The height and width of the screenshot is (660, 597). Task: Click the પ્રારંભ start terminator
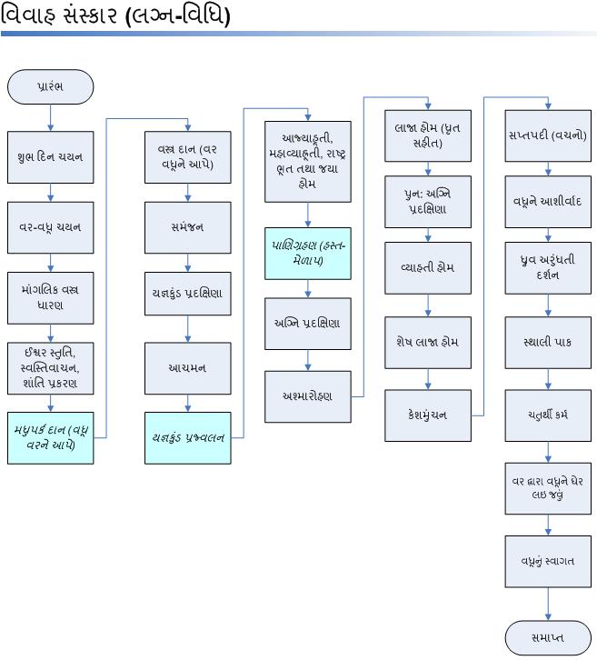pyautogui.click(x=51, y=86)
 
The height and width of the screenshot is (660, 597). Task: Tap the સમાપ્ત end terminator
pyautogui.click(x=547, y=637)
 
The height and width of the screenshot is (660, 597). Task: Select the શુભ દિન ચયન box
pyautogui.click(x=51, y=156)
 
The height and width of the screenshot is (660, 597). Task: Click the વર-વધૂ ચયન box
pyautogui.click(x=51, y=226)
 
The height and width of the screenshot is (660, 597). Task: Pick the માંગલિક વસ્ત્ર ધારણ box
pyautogui.click(x=51, y=296)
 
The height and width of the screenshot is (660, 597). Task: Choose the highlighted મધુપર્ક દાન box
pyautogui.click(x=51, y=437)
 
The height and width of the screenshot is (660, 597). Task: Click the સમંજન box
pyautogui.click(x=188, y=226)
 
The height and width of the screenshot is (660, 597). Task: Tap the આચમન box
pyautogui.click(x=188, y=367)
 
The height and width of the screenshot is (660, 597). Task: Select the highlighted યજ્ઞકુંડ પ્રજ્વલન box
pyautogui.click(x=188, y=437)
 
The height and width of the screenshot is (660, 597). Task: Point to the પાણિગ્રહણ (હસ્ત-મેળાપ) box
pyautogui.click(x=308, y=253)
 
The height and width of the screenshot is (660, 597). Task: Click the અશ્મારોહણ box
pyautogui.click(x=308, y=395)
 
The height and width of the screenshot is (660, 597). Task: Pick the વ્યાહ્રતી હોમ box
pyautogui.click(x=428, y=268)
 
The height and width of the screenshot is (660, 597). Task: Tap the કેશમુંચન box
pyautogui.click(x=428, y=415)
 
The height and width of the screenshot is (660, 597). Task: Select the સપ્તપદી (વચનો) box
pyautogui.click(x=548, y=135)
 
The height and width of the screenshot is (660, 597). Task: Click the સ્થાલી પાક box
pyautogui.click(x=548, y=342)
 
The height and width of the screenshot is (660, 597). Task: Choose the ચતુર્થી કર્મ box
pyautogui.click(x=548, y=415)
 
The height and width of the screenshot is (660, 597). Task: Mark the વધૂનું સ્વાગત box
pyautogui.click(x=548, y=560)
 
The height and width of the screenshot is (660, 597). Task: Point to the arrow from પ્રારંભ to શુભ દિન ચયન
pyautogui.click(x=51, y=117)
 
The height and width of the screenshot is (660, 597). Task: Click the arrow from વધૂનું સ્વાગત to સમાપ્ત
pyautogui.click(x=548, y=603)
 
